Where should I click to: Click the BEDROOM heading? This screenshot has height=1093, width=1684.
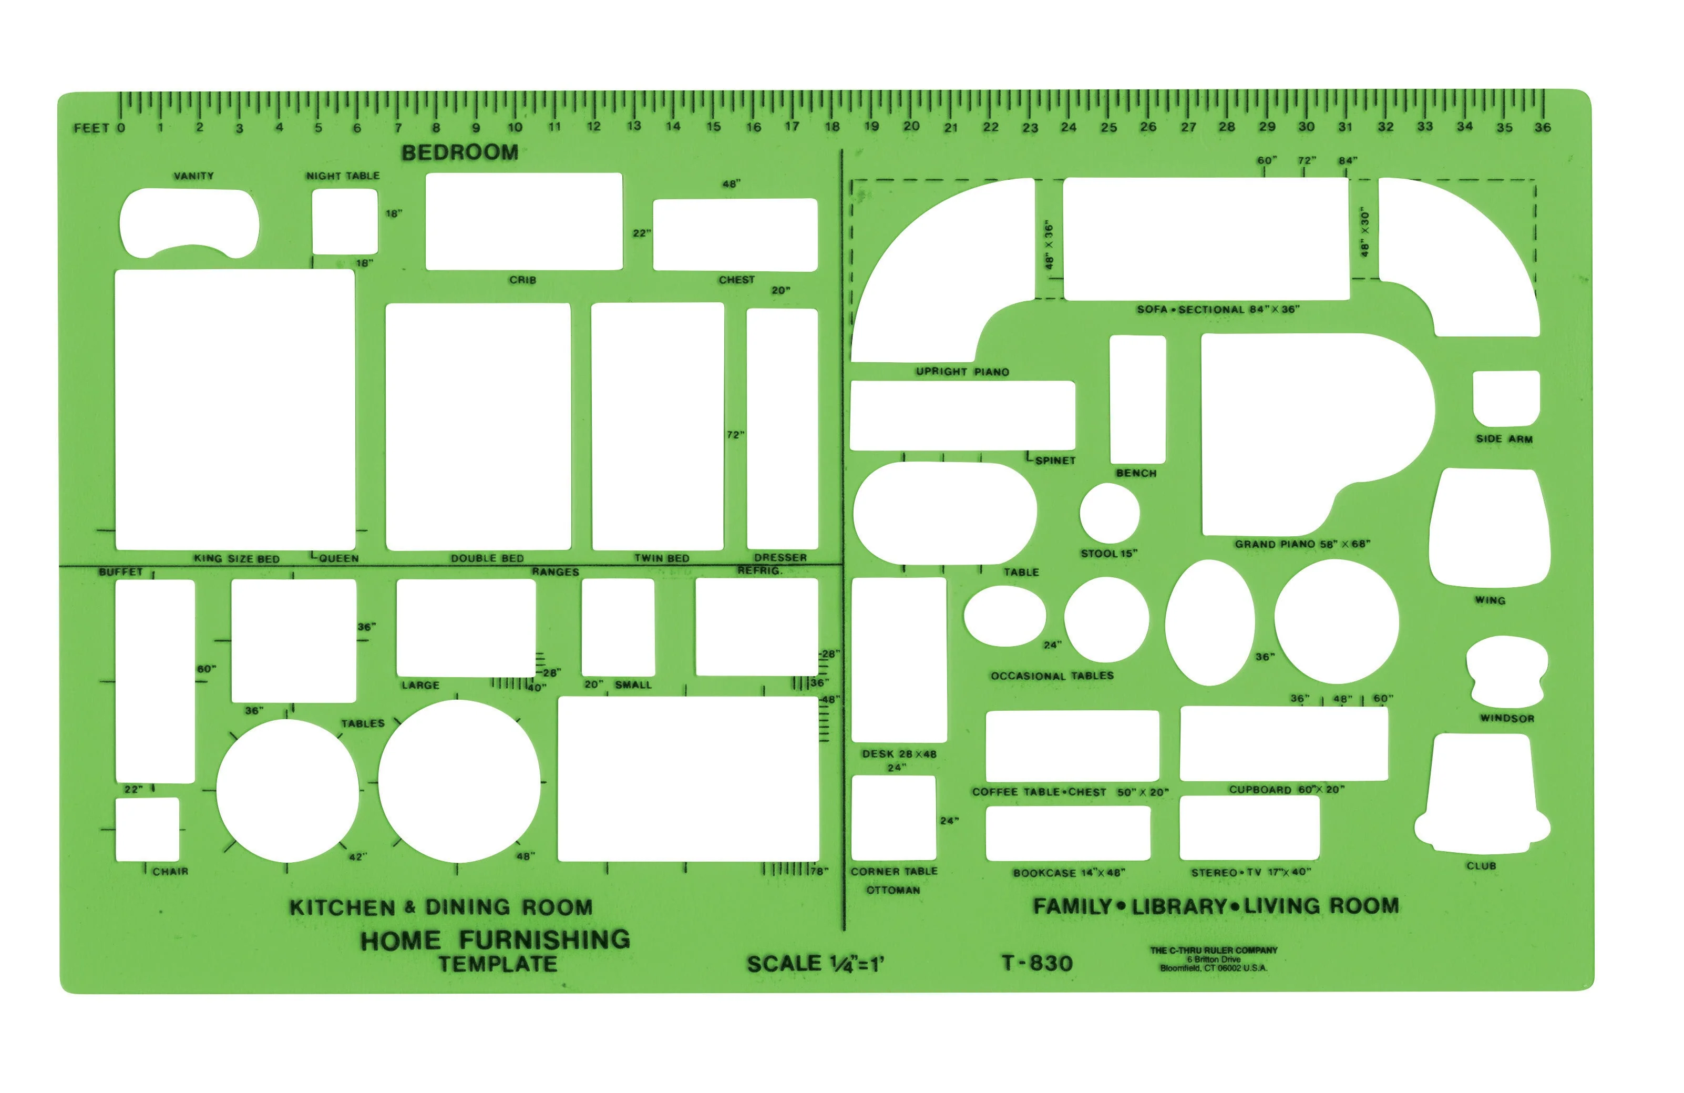pyautogui.click(x=460, y=152)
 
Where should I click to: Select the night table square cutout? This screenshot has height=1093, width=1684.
pyautogui.click(x=345, y=221)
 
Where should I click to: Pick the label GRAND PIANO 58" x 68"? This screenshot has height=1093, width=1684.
pyautogui.click(x=1302, y=544)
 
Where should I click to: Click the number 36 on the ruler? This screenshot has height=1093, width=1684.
pyautogui.click(x=1543, y=127)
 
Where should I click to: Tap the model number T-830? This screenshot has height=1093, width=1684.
pyautogui.click(x=1038, y=963)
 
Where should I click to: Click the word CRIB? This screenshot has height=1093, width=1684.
pyautogui.click(x=523, y=280)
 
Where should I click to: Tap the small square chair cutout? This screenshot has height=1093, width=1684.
pyautogui.click(x=147, y=830)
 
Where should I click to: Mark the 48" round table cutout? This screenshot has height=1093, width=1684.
pyautogui.click(x=459, y=782)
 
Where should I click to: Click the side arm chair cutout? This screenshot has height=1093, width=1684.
pyautogui.click(x=1506, y=399)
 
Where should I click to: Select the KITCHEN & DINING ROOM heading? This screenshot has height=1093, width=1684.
pyautogui.click(x=441, y=907)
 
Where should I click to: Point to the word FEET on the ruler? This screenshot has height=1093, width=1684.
pyautogui.click(x=92, y=128)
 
